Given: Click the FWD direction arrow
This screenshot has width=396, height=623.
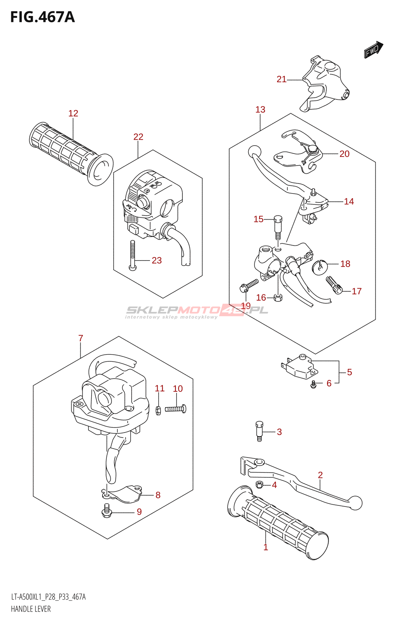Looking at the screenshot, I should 373,49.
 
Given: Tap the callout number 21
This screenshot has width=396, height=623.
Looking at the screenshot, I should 281,79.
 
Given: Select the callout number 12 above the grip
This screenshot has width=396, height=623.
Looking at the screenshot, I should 73,113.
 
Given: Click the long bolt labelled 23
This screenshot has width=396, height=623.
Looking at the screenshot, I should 133,255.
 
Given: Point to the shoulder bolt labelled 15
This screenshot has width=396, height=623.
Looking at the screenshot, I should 278,227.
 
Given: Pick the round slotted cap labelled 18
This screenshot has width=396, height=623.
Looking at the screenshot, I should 320,266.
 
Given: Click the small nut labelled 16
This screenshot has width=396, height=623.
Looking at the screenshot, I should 278,298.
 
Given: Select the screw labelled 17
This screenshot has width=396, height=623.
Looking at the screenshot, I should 334,286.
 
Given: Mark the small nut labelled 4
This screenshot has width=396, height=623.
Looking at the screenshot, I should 259,484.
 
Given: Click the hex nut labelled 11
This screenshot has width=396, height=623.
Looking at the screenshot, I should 158,410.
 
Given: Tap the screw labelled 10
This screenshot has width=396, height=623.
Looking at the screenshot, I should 176,409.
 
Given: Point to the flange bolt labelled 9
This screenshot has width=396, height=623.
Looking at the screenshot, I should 106,510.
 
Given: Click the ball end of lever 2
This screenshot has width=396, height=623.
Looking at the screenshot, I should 355,503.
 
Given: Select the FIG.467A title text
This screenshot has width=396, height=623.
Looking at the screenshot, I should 42,17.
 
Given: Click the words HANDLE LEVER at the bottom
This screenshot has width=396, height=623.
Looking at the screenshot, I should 31,609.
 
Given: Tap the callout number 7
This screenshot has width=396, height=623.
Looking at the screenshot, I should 81,338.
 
